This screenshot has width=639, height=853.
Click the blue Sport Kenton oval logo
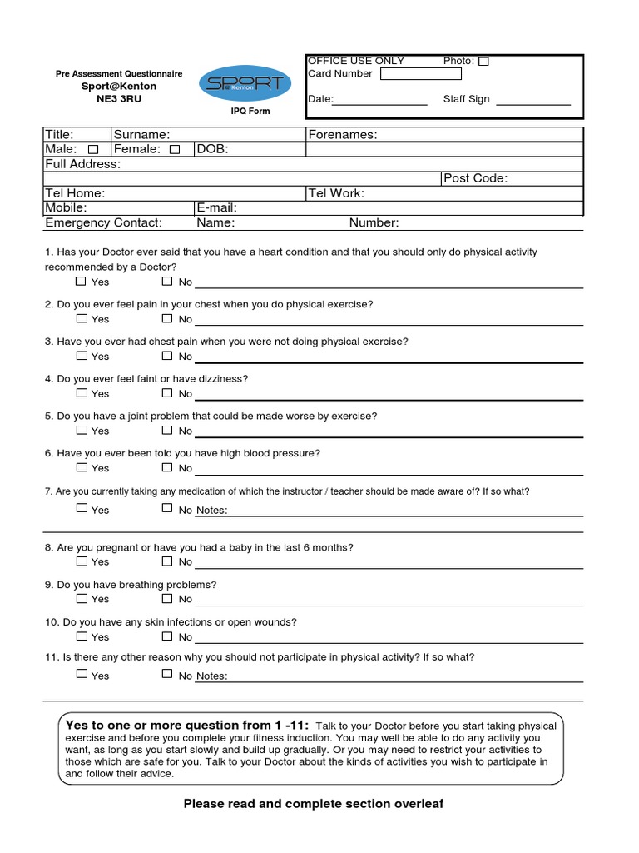(245, 84)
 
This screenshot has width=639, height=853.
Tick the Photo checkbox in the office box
(484, 62)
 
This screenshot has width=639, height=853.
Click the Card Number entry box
(420, 74)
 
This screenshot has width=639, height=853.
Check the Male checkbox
(93, 150)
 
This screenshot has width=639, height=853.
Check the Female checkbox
(174, 150)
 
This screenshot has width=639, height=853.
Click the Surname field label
(141, 135)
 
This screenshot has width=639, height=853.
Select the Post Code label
(476, 178)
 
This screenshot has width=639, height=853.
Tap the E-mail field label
(216, 207)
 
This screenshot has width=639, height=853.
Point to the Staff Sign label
(466, 99)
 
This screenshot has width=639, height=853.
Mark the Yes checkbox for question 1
(82, 282)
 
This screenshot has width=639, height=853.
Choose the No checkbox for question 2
(167, 318)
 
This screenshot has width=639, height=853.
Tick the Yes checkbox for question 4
(82, 392)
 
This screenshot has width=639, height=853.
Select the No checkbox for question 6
(167, 467)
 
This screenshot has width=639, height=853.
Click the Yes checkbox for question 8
(82, 561)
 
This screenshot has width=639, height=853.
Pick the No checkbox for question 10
(167, 636)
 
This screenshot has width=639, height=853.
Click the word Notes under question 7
(211, 511)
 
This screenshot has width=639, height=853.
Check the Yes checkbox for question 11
(82, 674)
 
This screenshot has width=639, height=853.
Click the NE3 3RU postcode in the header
(119, 99)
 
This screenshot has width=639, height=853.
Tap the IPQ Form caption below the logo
(250, 112)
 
